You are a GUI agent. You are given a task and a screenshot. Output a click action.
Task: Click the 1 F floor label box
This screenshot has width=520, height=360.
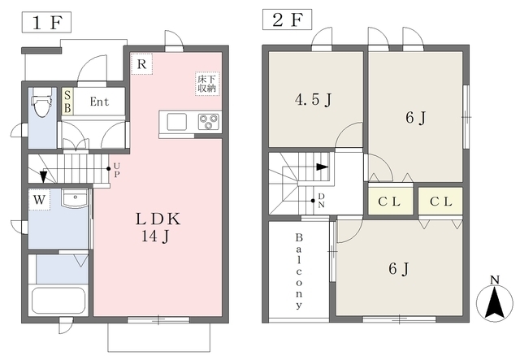click(x=46, y=22)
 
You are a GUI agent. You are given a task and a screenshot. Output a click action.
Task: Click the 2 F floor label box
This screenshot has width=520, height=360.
click(x=287, y=20)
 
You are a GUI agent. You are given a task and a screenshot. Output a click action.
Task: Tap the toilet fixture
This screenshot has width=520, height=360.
click(x=41, y=102)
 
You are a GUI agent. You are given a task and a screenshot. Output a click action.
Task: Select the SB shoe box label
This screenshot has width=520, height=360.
click(x=67, y=102)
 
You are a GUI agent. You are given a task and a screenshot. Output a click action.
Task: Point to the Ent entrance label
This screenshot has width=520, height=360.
click(x=99, y=102)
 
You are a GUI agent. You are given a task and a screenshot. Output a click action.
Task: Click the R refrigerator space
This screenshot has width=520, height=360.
click(x=141, y=63)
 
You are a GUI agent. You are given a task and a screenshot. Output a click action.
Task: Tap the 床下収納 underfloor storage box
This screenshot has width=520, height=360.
click(x=207, y=84)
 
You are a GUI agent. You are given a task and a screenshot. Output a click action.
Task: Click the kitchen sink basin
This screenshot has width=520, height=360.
click(x=177, y=122)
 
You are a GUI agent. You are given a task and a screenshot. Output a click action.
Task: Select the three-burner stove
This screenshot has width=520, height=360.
click(x=209, y=122)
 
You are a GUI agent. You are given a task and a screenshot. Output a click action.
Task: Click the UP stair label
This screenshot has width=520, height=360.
click(x=116, y=170)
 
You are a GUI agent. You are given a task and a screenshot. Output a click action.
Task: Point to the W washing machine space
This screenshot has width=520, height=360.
click(x=39, y=199)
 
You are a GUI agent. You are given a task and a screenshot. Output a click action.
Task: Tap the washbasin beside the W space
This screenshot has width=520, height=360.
click(x=75, y=198)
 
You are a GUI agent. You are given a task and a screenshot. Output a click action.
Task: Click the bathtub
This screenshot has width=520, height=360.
click(x=58, y=301)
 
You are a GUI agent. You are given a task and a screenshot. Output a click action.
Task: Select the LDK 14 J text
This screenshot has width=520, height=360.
click(x=158, y=227)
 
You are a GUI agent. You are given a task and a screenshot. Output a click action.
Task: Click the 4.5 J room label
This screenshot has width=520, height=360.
click(x=314, y=99)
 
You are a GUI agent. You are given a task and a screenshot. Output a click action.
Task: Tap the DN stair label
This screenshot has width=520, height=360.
click(x=322, y=201)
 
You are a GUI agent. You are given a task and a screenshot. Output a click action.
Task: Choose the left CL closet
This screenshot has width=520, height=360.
click(x=390, y=201)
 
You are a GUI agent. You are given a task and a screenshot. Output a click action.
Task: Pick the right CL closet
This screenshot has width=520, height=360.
click(x=440, y=201)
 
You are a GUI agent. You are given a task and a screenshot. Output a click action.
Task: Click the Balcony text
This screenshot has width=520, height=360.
click(x=299, y=271)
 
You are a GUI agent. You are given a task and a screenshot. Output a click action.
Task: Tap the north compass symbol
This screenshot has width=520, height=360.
click(x=495, y=301)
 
